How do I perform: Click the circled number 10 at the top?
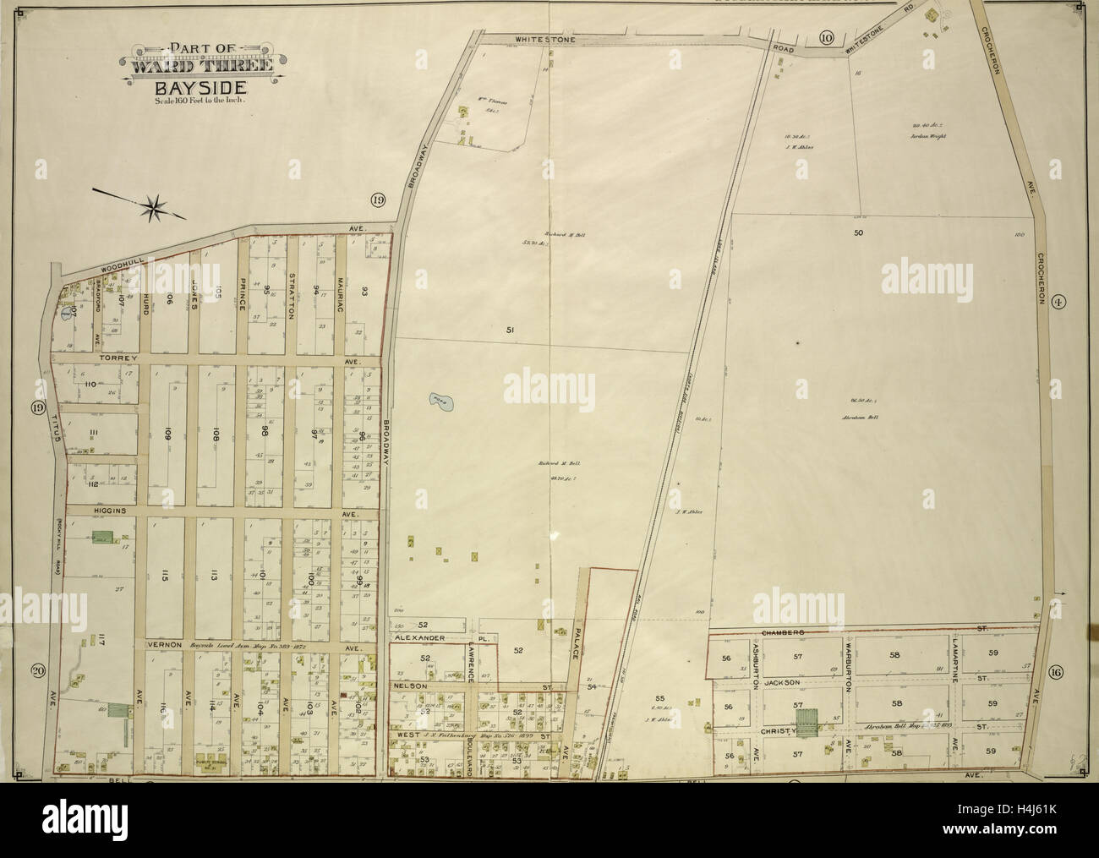(x=826, y=36)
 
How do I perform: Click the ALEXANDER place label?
(x=420, y=640)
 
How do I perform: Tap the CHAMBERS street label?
(x=780, y=631)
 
